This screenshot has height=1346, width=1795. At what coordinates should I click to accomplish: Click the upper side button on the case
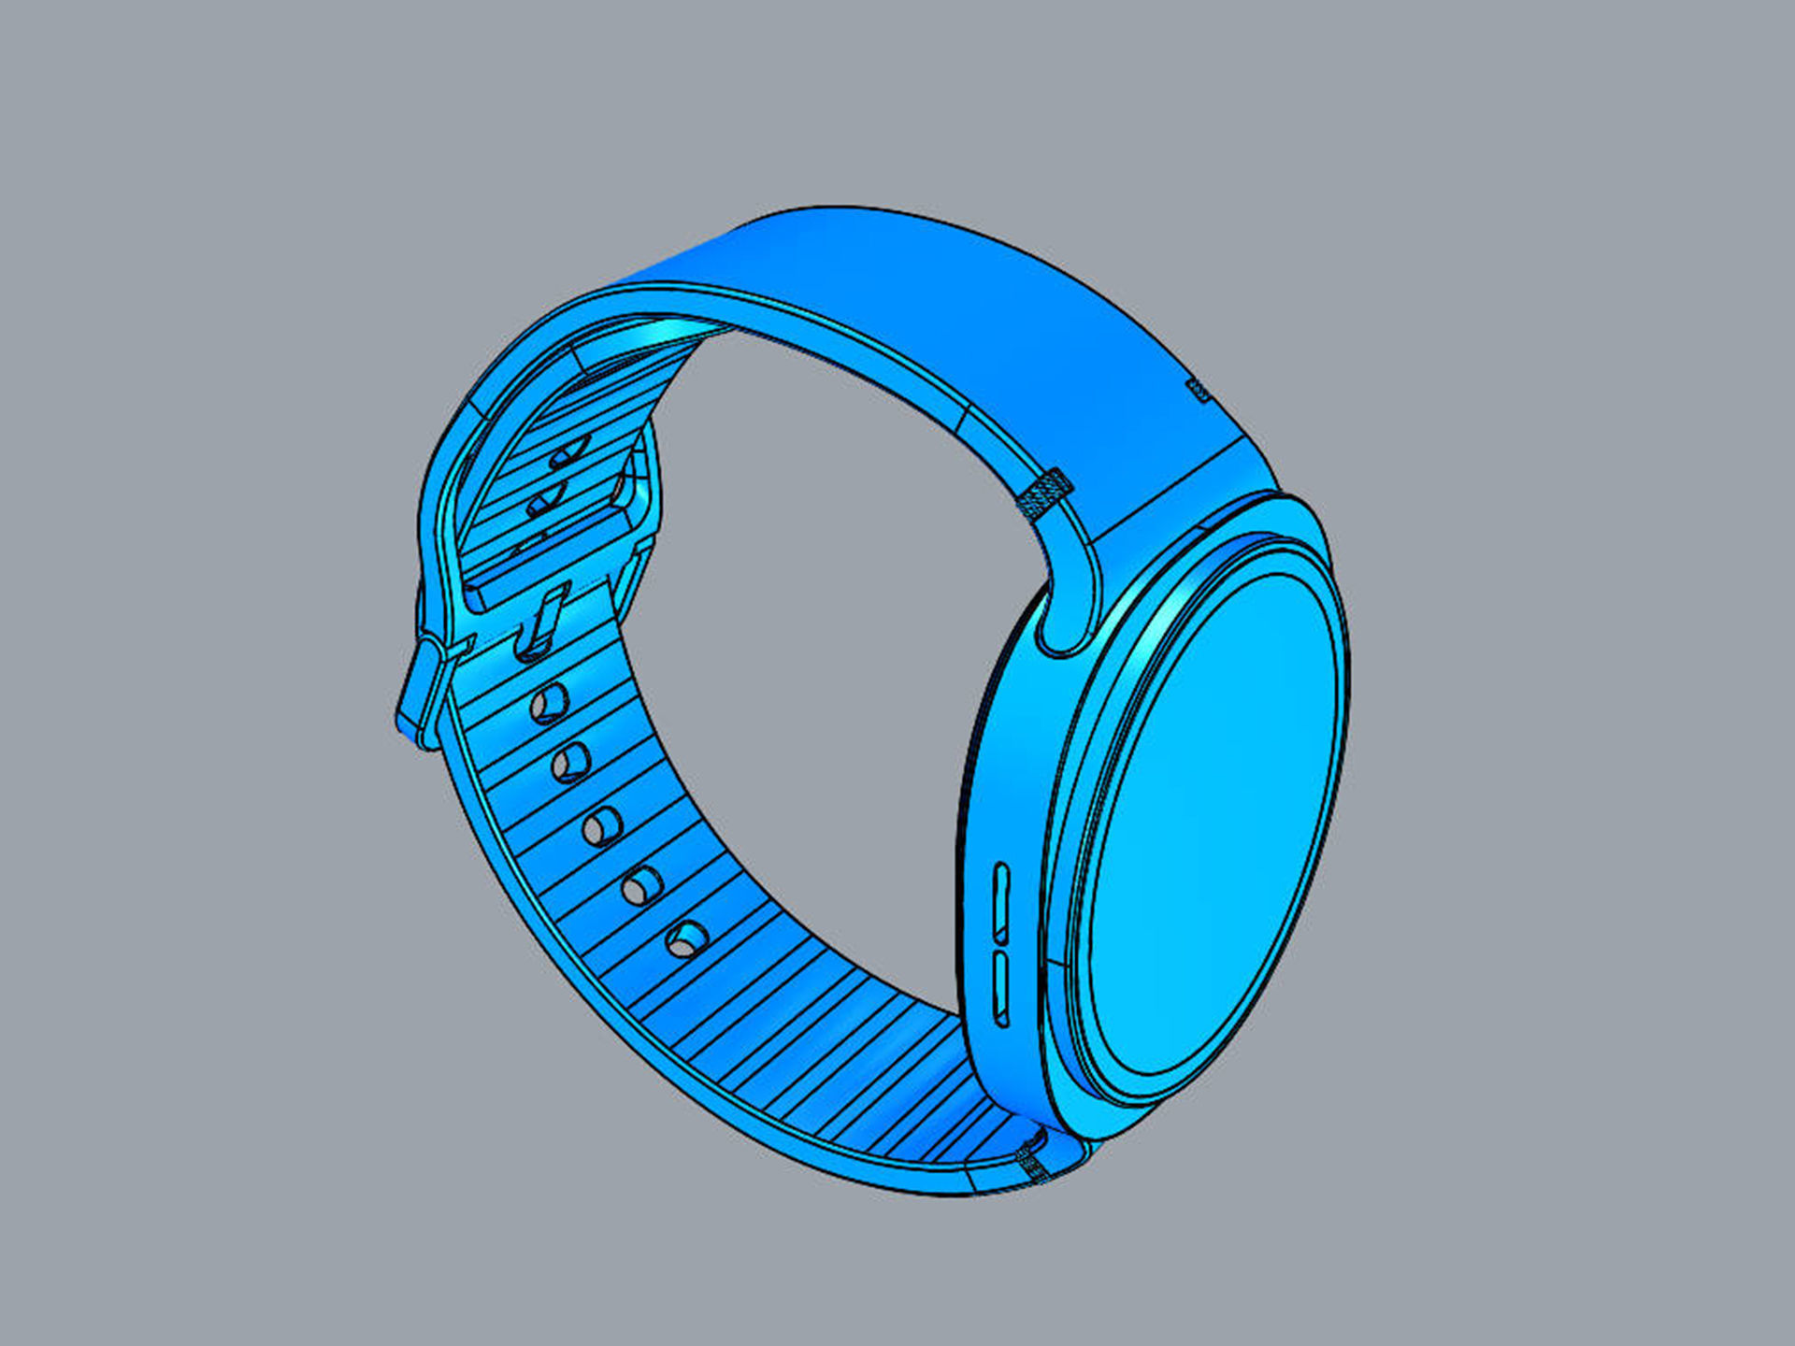1001,903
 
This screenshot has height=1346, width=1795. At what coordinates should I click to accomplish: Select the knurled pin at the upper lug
1045,494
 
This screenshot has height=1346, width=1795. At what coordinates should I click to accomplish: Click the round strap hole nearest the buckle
549,703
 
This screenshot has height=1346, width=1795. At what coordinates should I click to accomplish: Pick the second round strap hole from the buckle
570,763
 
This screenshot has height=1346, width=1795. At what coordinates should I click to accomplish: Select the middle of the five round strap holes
603,826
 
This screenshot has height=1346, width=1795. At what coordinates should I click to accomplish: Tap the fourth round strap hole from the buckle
642,885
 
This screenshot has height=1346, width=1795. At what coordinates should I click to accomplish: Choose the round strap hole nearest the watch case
687,938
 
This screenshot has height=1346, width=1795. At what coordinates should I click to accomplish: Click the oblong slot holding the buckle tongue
540,621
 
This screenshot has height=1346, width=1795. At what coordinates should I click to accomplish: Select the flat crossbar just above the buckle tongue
542,572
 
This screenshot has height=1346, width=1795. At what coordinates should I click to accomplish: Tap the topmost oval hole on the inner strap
570,452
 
